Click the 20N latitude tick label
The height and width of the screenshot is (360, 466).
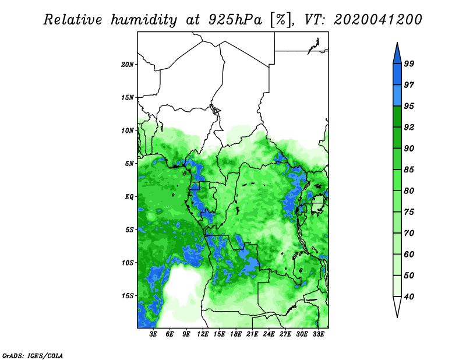pos(128,64)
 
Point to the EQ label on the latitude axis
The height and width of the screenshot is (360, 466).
pos(129,196)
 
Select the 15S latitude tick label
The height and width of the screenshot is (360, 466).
pos(128,296)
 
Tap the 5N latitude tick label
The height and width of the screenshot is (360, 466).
pos(129,164)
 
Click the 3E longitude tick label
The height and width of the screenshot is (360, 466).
pos(153,334)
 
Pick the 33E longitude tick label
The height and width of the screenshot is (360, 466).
pos(318,334)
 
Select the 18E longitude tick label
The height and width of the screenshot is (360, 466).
pos(236,334)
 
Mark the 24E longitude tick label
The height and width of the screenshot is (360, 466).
pos(269,334)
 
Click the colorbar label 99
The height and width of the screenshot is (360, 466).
pos(409,63)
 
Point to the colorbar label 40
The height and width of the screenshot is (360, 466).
pos(409,297)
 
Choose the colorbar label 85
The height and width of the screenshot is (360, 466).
pos(409,170)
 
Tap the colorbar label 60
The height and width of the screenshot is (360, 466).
pos(409,254)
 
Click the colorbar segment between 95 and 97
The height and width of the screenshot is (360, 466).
pos(397,96)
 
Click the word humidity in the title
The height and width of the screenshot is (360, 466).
pos(144,20)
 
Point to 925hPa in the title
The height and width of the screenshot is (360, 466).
pos(236,20)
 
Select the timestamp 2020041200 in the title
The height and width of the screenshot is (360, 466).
pos(377,20)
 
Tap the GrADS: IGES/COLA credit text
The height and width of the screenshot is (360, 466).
pos(33,355)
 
